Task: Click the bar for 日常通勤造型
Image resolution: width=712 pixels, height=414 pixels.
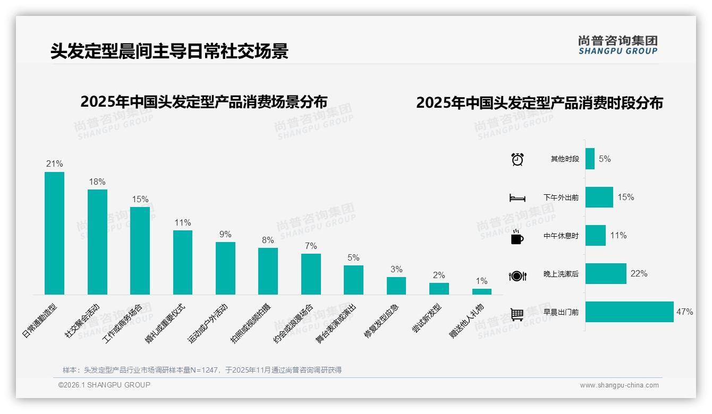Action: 54,233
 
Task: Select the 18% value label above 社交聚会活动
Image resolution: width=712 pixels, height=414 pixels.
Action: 97,182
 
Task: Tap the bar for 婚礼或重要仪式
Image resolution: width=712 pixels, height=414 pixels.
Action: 183,262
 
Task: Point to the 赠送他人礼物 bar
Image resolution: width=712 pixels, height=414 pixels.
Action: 482,291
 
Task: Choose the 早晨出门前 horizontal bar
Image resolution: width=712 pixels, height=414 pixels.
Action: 629,312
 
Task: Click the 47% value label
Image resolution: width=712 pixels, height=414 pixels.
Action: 684,312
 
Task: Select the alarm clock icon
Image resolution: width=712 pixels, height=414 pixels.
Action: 518,159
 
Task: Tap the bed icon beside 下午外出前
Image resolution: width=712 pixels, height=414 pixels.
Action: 518,197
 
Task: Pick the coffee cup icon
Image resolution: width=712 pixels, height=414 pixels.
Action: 517,236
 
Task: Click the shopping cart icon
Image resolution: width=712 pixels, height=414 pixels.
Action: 517,314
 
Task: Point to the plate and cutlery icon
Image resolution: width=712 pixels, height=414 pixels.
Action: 518,275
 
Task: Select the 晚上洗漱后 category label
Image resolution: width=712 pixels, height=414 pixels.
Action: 561,274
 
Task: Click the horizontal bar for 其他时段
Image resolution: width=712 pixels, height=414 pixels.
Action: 590,159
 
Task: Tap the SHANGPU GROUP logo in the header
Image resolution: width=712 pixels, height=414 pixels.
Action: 617,45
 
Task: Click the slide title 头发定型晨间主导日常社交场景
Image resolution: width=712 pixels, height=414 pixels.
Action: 169,51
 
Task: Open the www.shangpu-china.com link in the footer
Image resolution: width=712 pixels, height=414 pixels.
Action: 619,385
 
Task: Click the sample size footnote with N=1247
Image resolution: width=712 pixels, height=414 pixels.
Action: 202,370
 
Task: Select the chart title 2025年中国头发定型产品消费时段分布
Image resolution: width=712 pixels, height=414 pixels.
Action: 539,103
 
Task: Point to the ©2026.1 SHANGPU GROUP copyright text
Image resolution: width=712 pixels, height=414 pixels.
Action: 104,385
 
